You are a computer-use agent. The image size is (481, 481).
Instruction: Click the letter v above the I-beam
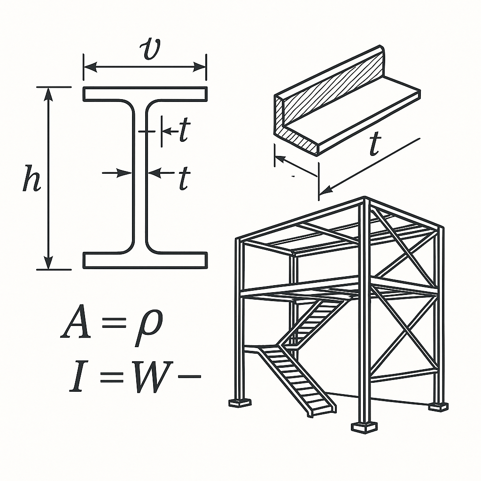(x=150, y=49)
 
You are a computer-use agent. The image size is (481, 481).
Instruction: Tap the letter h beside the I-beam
(x=32, y=178)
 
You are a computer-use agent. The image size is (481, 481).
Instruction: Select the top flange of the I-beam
(x=145, y=93)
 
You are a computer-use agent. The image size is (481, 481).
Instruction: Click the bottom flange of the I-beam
(x=145, y=260)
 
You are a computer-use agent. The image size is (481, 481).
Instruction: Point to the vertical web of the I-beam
(x=140, y=177)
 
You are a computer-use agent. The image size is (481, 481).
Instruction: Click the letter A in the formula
(x=76, y=321)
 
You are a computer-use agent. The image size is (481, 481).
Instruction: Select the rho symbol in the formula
(x=149, y=327)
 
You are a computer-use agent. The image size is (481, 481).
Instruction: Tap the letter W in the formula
(x=152, y=377)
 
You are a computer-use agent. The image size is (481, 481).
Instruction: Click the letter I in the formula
(x=77, y=377)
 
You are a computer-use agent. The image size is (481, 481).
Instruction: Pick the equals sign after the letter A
(x=114, y=323)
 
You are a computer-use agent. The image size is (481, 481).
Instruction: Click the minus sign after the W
(x=189, y=376)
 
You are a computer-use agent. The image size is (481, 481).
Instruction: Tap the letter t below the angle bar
(x=375, y=144)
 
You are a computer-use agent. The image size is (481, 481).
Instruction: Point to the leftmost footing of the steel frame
(x=240, y=403)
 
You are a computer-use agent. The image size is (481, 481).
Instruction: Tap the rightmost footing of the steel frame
(x=438, y=407)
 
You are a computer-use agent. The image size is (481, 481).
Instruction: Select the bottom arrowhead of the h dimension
(x=48, y=263)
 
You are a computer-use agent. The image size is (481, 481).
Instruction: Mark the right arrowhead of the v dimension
(x=199, y=67)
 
